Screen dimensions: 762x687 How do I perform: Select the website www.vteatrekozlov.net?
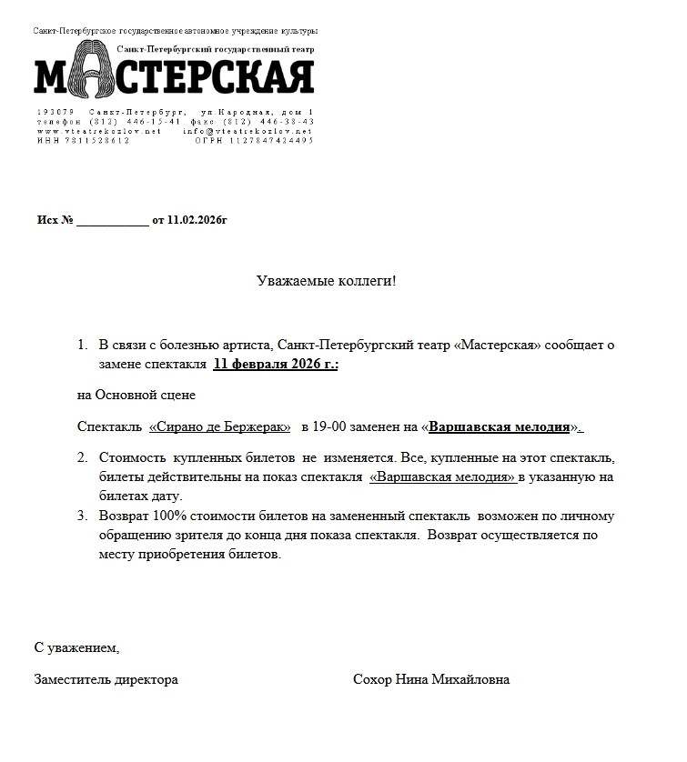(x=99, y=131)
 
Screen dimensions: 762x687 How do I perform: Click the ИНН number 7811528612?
(x=100, y=141)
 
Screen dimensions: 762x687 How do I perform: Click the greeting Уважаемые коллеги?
(x=328, y=280)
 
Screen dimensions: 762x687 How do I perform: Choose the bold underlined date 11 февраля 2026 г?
(x=276, y=364)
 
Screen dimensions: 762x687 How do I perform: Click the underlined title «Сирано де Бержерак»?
(x=220, y=426)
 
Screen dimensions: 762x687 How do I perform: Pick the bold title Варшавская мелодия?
(x=500, y=426)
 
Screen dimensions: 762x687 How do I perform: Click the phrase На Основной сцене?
(x=136, y=396)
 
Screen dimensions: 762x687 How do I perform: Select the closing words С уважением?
(x=77, y=648)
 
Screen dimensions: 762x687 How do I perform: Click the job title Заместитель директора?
(x=106, y=679)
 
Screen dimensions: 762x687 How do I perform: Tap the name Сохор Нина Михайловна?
(x=431, y=679)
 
